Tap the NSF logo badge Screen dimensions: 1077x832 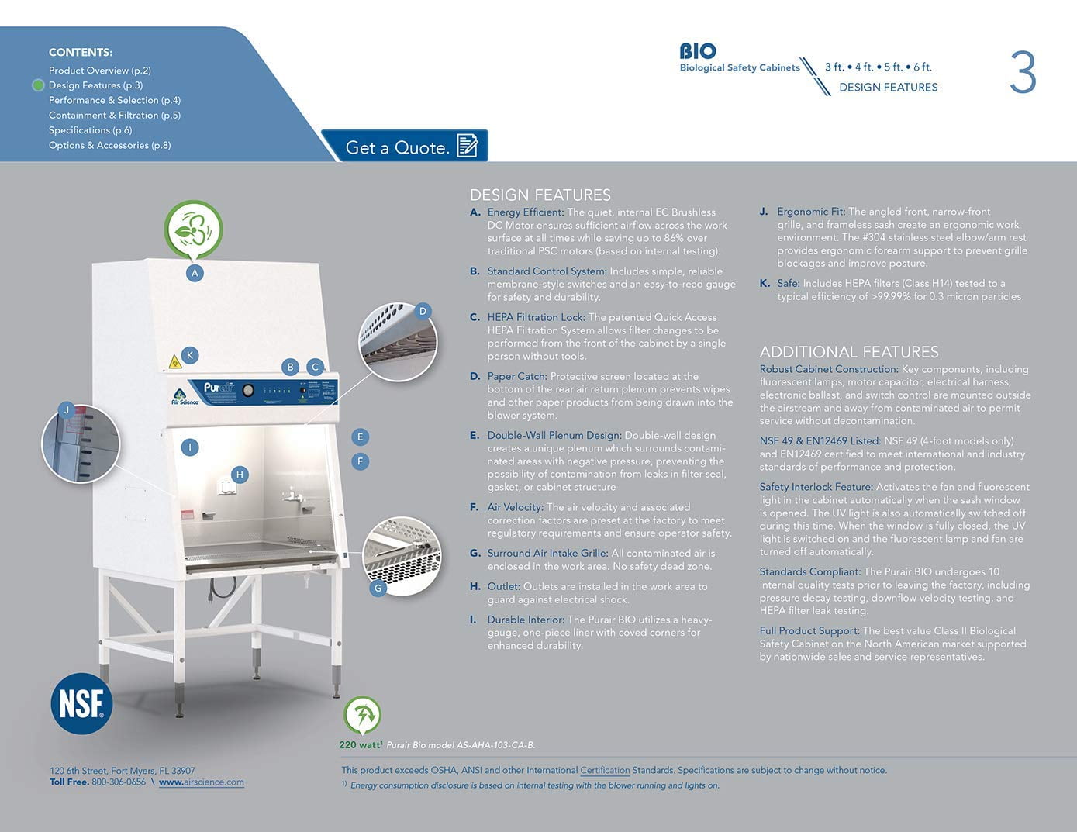pyautogui.click(x=81, y=703)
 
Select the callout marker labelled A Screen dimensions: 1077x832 pyautogui.click(x=195, y=273)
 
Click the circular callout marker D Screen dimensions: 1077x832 pyautogui.click(x=423, y=311)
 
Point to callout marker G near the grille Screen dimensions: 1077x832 pyautogui.click(x=378, y=589)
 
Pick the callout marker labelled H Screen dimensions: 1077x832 pyautogui.click(x=240, y=475)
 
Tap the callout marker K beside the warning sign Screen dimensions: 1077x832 pyautogui.click(x=190, y=355)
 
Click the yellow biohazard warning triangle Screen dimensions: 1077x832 pyautogui.click(x=175, y=362)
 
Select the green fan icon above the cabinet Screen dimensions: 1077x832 pyautogui.click(x=193, y=230)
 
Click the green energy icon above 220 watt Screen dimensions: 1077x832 pyautogui.click(x=362, y=715)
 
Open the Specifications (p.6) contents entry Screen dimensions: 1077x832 pyautogui.click(x=90, y=130)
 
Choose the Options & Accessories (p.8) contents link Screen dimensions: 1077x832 pyautogui.click(x=109, y=145)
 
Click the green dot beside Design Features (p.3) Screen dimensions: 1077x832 pyautogui.click(x=38, y=85)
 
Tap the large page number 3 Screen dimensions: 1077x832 pyautogui.click(x=1023, y=72)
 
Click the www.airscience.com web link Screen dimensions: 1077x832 pyautogui.click(x=202, y=782)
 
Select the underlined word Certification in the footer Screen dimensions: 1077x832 pyautogui.click(x=605, y=770)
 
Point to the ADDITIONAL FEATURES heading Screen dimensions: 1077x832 pyautogui.click(x=849, y=352)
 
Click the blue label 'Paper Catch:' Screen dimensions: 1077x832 pyautogui.click(x=517, y=377)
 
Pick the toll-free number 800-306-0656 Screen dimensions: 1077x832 pyautogui.click(x=119, y=782)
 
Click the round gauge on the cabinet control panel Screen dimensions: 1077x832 pyautogui.click(x=248, y=391)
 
